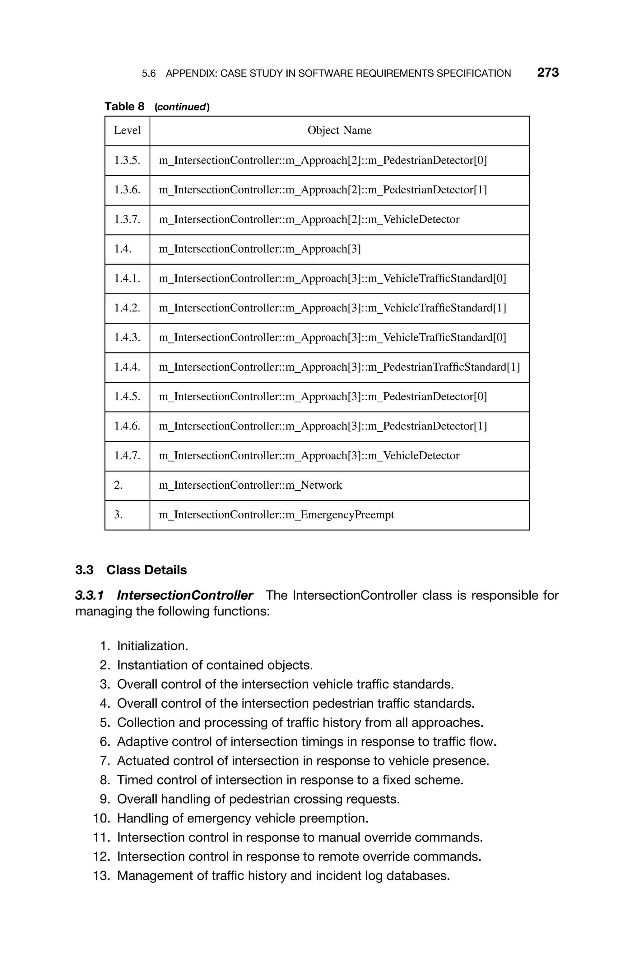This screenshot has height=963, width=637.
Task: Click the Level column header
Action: (127, 130)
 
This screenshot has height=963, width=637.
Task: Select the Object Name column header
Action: (339, 130)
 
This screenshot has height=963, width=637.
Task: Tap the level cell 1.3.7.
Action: (127, 220)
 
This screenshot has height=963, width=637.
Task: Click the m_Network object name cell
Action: (250, 485)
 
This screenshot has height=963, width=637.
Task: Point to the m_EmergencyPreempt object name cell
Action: (276, 515)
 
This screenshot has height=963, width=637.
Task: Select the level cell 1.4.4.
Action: (127, 367)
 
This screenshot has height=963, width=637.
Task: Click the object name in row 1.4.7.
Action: (309, 456)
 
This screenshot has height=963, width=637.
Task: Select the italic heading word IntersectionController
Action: (185, 595)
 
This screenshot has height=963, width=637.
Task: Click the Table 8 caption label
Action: (124, 107)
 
